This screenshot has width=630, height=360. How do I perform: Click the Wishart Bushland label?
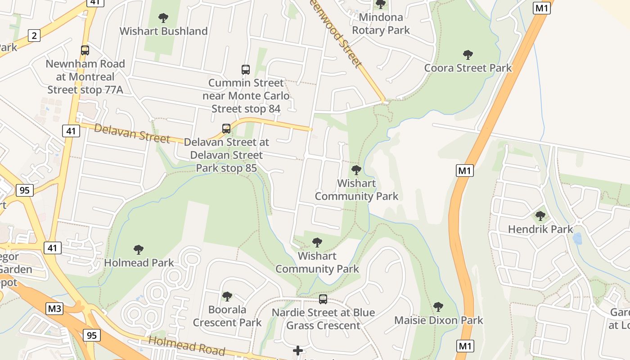pos(163,31)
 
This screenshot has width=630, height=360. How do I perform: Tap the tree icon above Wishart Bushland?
pos(163,18)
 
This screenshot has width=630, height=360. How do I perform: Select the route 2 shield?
pos(34,36)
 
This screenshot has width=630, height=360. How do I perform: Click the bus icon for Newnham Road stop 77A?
pos(85,50)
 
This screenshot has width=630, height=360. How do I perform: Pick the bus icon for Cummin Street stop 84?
pos(245,70)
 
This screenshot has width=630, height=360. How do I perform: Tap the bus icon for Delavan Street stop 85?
pos(226,129)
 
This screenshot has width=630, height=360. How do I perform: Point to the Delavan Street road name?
pos(132,134)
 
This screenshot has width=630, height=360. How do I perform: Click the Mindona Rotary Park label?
pos(381,24)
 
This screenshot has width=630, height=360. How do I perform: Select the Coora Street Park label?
pos(468,68)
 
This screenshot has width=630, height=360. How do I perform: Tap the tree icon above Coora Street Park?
pos(468,55)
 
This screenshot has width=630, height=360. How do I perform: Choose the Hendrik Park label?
pos(540,229)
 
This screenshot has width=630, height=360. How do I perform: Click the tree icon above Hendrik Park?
pos(540,216)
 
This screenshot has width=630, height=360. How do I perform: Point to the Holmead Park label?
pos(139,262)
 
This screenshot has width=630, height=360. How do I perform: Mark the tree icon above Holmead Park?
pos(139,250)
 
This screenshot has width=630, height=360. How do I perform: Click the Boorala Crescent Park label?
pos(227,316)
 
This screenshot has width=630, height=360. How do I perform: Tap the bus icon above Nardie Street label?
pos(323,299)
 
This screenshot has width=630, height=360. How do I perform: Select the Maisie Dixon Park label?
pos(438,320)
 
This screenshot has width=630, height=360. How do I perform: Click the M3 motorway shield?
pos(54,309)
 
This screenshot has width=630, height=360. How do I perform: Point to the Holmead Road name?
pos(186,346)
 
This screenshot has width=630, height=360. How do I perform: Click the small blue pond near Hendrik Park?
pos(577,238)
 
